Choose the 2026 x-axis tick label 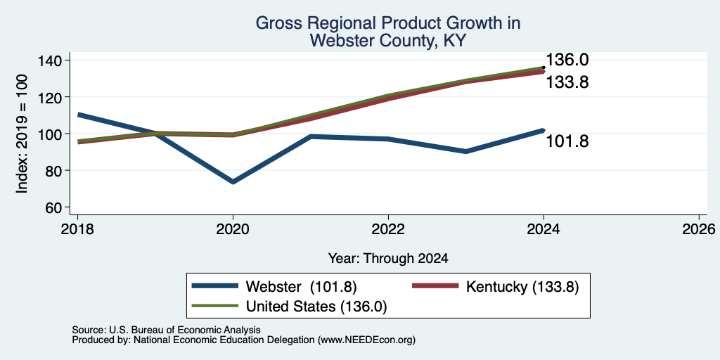click(x=699, y=229)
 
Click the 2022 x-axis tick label click(x=388, y=229)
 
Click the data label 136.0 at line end click(x=567, y=60)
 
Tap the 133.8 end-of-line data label click(x=567, y=83)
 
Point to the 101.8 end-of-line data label click(x=567, y=141)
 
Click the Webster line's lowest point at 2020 click(x=233, y=182)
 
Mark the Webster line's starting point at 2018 click(x=78, y=115)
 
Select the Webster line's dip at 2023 click(x=466, y=152)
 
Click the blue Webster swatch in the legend click(x=215, y=286)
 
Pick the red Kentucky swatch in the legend click(x=435, y=286)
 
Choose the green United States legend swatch click(x=215, y=306)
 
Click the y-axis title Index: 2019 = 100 click(x=22, y=134)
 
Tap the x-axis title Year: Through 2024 click(x=388, y=259)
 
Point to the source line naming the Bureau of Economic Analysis click(x=166, y=330)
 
